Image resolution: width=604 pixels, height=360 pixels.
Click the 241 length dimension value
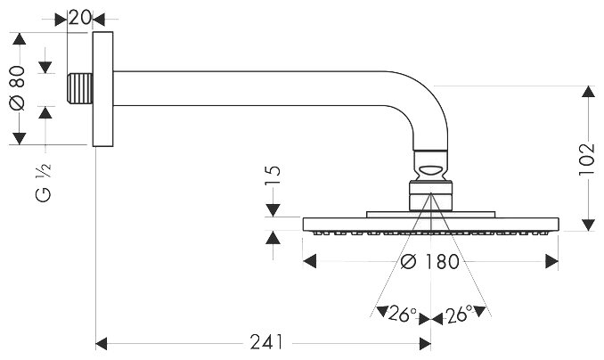(x=264, y=342)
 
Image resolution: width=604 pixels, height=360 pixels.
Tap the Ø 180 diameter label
(x=429, y=262)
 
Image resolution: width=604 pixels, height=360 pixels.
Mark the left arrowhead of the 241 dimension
(x=100, y=342)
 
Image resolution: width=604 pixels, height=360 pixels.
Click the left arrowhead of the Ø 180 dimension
(x=308, y=261)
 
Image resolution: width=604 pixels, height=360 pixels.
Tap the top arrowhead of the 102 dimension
(x=586, y=90)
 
